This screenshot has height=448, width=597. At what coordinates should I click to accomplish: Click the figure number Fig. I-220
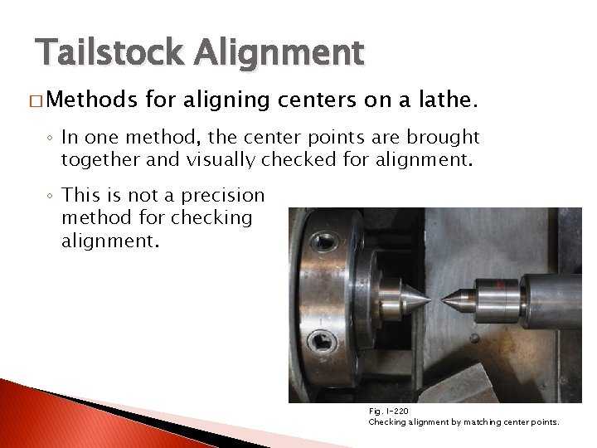point(388,411)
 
